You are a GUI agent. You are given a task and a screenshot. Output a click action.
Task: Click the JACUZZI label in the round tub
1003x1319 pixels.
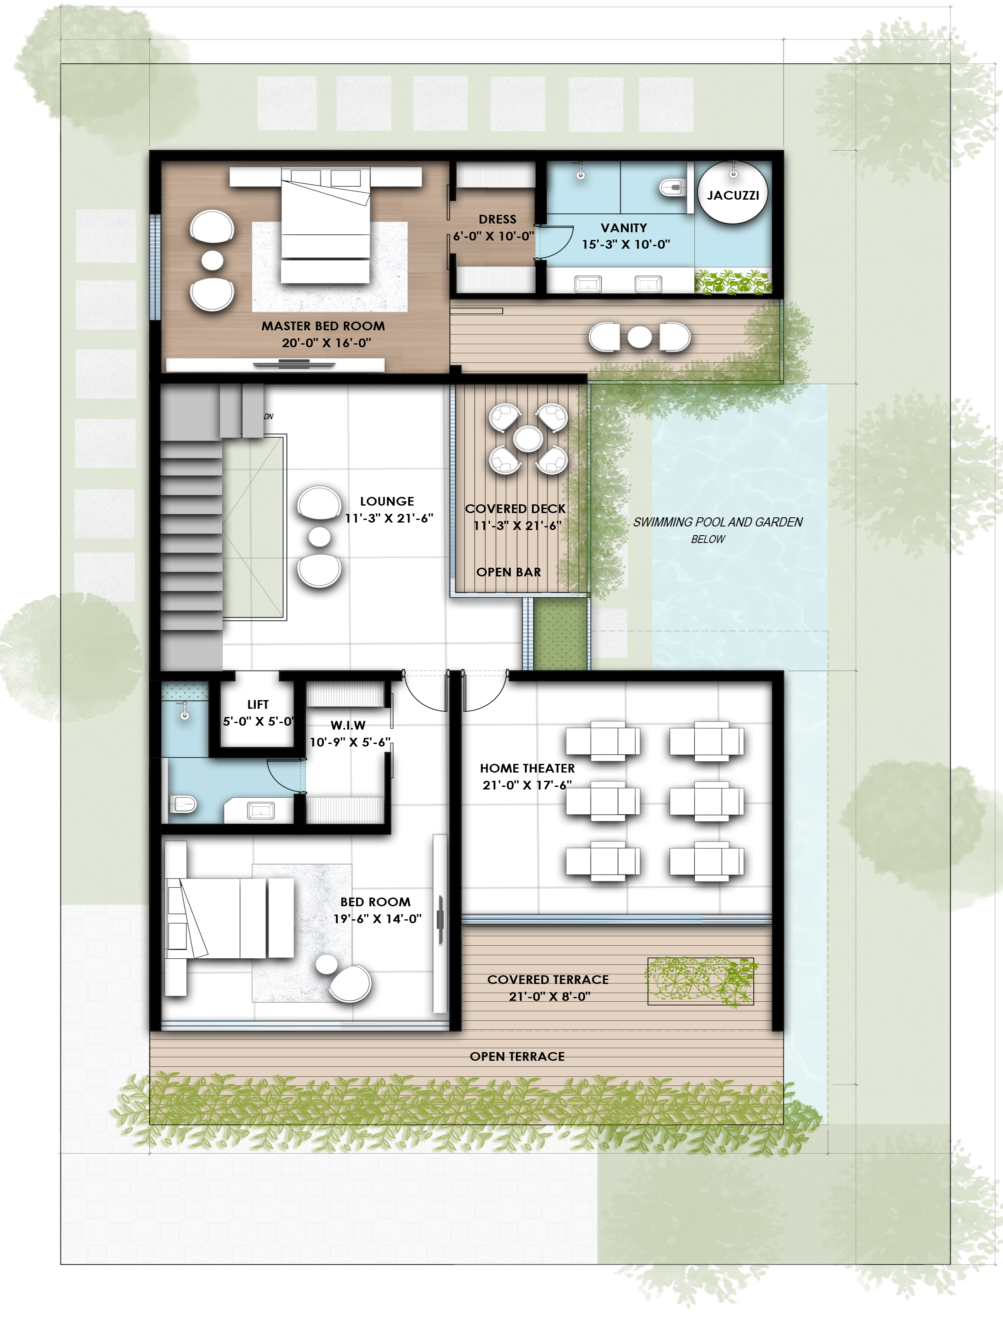pos(732,195)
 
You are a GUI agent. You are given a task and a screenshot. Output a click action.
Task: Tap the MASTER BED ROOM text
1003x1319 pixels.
pos(323,326)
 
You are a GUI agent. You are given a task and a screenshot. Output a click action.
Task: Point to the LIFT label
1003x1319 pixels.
pos(258,704)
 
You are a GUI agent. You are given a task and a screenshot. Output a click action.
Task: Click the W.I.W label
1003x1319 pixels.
pos(348,725)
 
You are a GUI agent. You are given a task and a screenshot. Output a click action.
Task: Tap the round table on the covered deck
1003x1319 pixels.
pos(528,439)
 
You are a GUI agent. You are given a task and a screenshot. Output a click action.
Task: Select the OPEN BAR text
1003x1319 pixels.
pos(509,572)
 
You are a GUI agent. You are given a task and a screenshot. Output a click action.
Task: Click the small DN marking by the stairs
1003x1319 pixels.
pos(269,417)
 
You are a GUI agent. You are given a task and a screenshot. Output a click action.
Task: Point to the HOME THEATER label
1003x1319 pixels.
pos(527,768)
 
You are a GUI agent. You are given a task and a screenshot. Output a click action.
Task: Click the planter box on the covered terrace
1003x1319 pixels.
pos(700,981)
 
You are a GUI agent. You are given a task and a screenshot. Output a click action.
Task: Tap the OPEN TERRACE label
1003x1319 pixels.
pos(517,1056)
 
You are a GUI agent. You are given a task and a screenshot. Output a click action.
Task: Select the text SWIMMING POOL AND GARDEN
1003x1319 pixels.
pos(718,522)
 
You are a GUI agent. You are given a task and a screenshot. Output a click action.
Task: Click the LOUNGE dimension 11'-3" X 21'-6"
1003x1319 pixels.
pos(389,518)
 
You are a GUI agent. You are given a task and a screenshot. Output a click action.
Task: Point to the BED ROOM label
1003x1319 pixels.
pos(376,902)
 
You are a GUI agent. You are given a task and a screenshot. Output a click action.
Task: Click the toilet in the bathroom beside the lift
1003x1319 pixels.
pos(183,805)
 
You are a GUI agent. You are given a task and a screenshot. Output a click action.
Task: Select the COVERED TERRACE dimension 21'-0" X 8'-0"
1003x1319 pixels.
pos(549,996)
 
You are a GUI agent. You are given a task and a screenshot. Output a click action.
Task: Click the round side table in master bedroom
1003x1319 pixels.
pos(212,260)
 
